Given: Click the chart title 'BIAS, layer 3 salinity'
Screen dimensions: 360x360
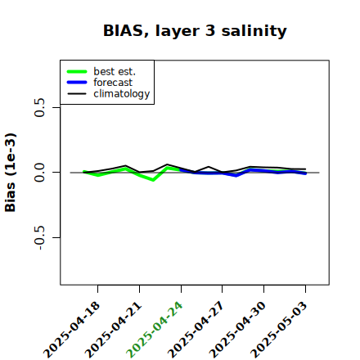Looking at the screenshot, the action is [195, 31].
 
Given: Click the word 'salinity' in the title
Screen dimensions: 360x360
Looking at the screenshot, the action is [254, 31].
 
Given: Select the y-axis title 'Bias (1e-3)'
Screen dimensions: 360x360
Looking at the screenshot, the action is [11, 173].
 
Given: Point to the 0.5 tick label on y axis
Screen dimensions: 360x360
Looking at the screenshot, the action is [39, 107].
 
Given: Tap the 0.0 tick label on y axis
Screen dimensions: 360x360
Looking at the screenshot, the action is [39, 173].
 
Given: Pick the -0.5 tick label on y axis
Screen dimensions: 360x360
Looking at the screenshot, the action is [39, 238].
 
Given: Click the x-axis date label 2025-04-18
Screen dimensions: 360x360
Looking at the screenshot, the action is [71, 330].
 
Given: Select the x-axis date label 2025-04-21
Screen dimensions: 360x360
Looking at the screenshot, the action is [113, 330].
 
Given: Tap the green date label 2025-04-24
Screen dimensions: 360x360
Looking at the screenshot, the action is [155, 330].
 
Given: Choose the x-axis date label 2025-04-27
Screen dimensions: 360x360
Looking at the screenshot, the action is [196, 330].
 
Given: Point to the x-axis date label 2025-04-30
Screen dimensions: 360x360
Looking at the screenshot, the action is [237, 330].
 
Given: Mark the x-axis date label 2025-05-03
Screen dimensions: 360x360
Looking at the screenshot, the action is [279, 330].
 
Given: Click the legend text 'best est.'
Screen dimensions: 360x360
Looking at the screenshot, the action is [115, 71].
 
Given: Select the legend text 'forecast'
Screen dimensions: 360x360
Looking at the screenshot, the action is [113, 83].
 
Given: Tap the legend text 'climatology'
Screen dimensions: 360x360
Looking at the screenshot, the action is [122, 94].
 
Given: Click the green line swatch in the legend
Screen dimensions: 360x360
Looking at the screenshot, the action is [77, 71].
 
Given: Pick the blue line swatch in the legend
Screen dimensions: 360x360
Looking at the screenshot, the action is [77, 83].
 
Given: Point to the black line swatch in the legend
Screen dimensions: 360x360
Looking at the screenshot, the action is [77, 93].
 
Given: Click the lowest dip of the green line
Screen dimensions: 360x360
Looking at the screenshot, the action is [153, 180].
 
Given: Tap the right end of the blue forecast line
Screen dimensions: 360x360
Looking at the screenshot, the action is [305, 173].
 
